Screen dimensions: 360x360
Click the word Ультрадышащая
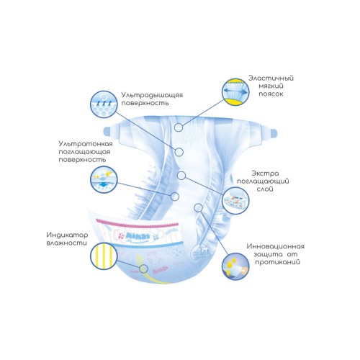(x=152, y=95)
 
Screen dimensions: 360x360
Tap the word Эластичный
(x=271, y=78)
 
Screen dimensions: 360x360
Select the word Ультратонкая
(x=86, y=144)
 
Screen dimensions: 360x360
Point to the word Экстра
(x=265, y=174)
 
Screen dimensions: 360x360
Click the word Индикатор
(x=67, y=235)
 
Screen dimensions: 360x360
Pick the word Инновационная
(x=276, y=246)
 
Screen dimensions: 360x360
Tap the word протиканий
(x=277, y=262)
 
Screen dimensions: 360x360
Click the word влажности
(x=67, y=243)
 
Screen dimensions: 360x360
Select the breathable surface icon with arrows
(x=104, y=104)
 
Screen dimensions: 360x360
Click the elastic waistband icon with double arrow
(x=235, y=92)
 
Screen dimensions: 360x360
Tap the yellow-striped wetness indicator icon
(x=104, y=256)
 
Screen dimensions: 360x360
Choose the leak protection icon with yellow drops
(x=235, y=266)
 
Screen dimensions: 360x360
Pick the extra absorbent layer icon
(x=235, y=201)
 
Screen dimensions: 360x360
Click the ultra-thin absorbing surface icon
(x=104, y=179)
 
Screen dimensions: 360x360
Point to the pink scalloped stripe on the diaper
(x=138, y=224)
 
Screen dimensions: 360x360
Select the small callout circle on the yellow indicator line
(x=143, y=269)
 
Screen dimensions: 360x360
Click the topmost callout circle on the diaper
(x=179, y=127)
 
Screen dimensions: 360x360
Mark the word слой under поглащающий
(x=265, y=189)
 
